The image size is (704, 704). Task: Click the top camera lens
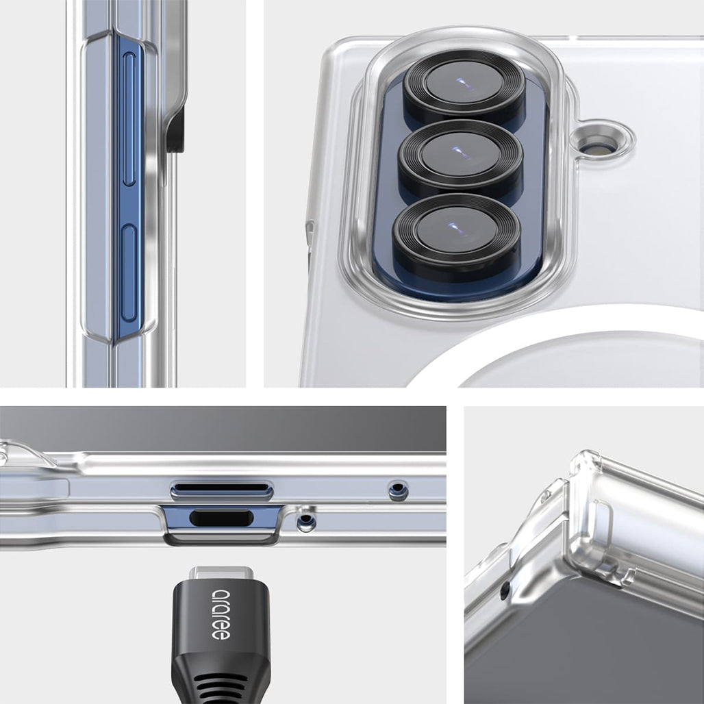(x=464, y=86)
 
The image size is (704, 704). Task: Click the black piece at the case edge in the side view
(x=175, y=130)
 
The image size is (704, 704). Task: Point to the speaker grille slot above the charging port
(x=221, y=490)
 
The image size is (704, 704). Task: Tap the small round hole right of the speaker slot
(x=397, y=490)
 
